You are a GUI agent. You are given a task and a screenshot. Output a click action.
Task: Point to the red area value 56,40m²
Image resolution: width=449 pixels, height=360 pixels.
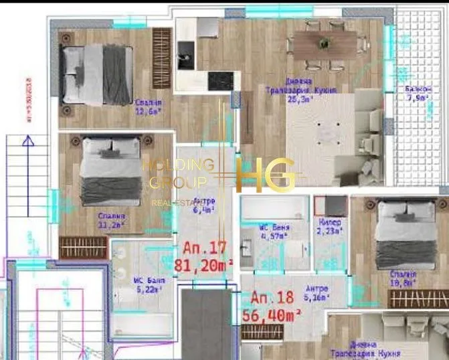(276, 315)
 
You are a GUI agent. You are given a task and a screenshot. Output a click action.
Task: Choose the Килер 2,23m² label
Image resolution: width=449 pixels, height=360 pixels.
(330, 226)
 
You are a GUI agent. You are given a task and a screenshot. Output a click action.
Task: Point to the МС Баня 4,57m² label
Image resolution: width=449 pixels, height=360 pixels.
(274, 232)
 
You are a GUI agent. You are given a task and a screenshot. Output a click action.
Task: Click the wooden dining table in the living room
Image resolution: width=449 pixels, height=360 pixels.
(325, 44)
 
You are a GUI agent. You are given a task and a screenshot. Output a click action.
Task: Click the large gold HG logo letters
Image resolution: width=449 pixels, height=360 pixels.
(266, 175)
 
